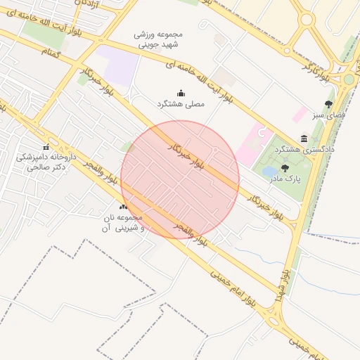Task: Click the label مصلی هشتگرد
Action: click(181, 103)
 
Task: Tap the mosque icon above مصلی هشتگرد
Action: click(181, 93)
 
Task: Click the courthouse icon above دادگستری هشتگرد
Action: click(304, 139)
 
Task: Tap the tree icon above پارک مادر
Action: click(285, 167)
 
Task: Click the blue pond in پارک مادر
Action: click(270, 171)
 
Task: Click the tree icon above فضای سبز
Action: click(328, 104)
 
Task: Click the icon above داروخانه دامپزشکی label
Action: click(46, 148)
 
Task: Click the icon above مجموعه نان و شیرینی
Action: click(124, 207)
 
